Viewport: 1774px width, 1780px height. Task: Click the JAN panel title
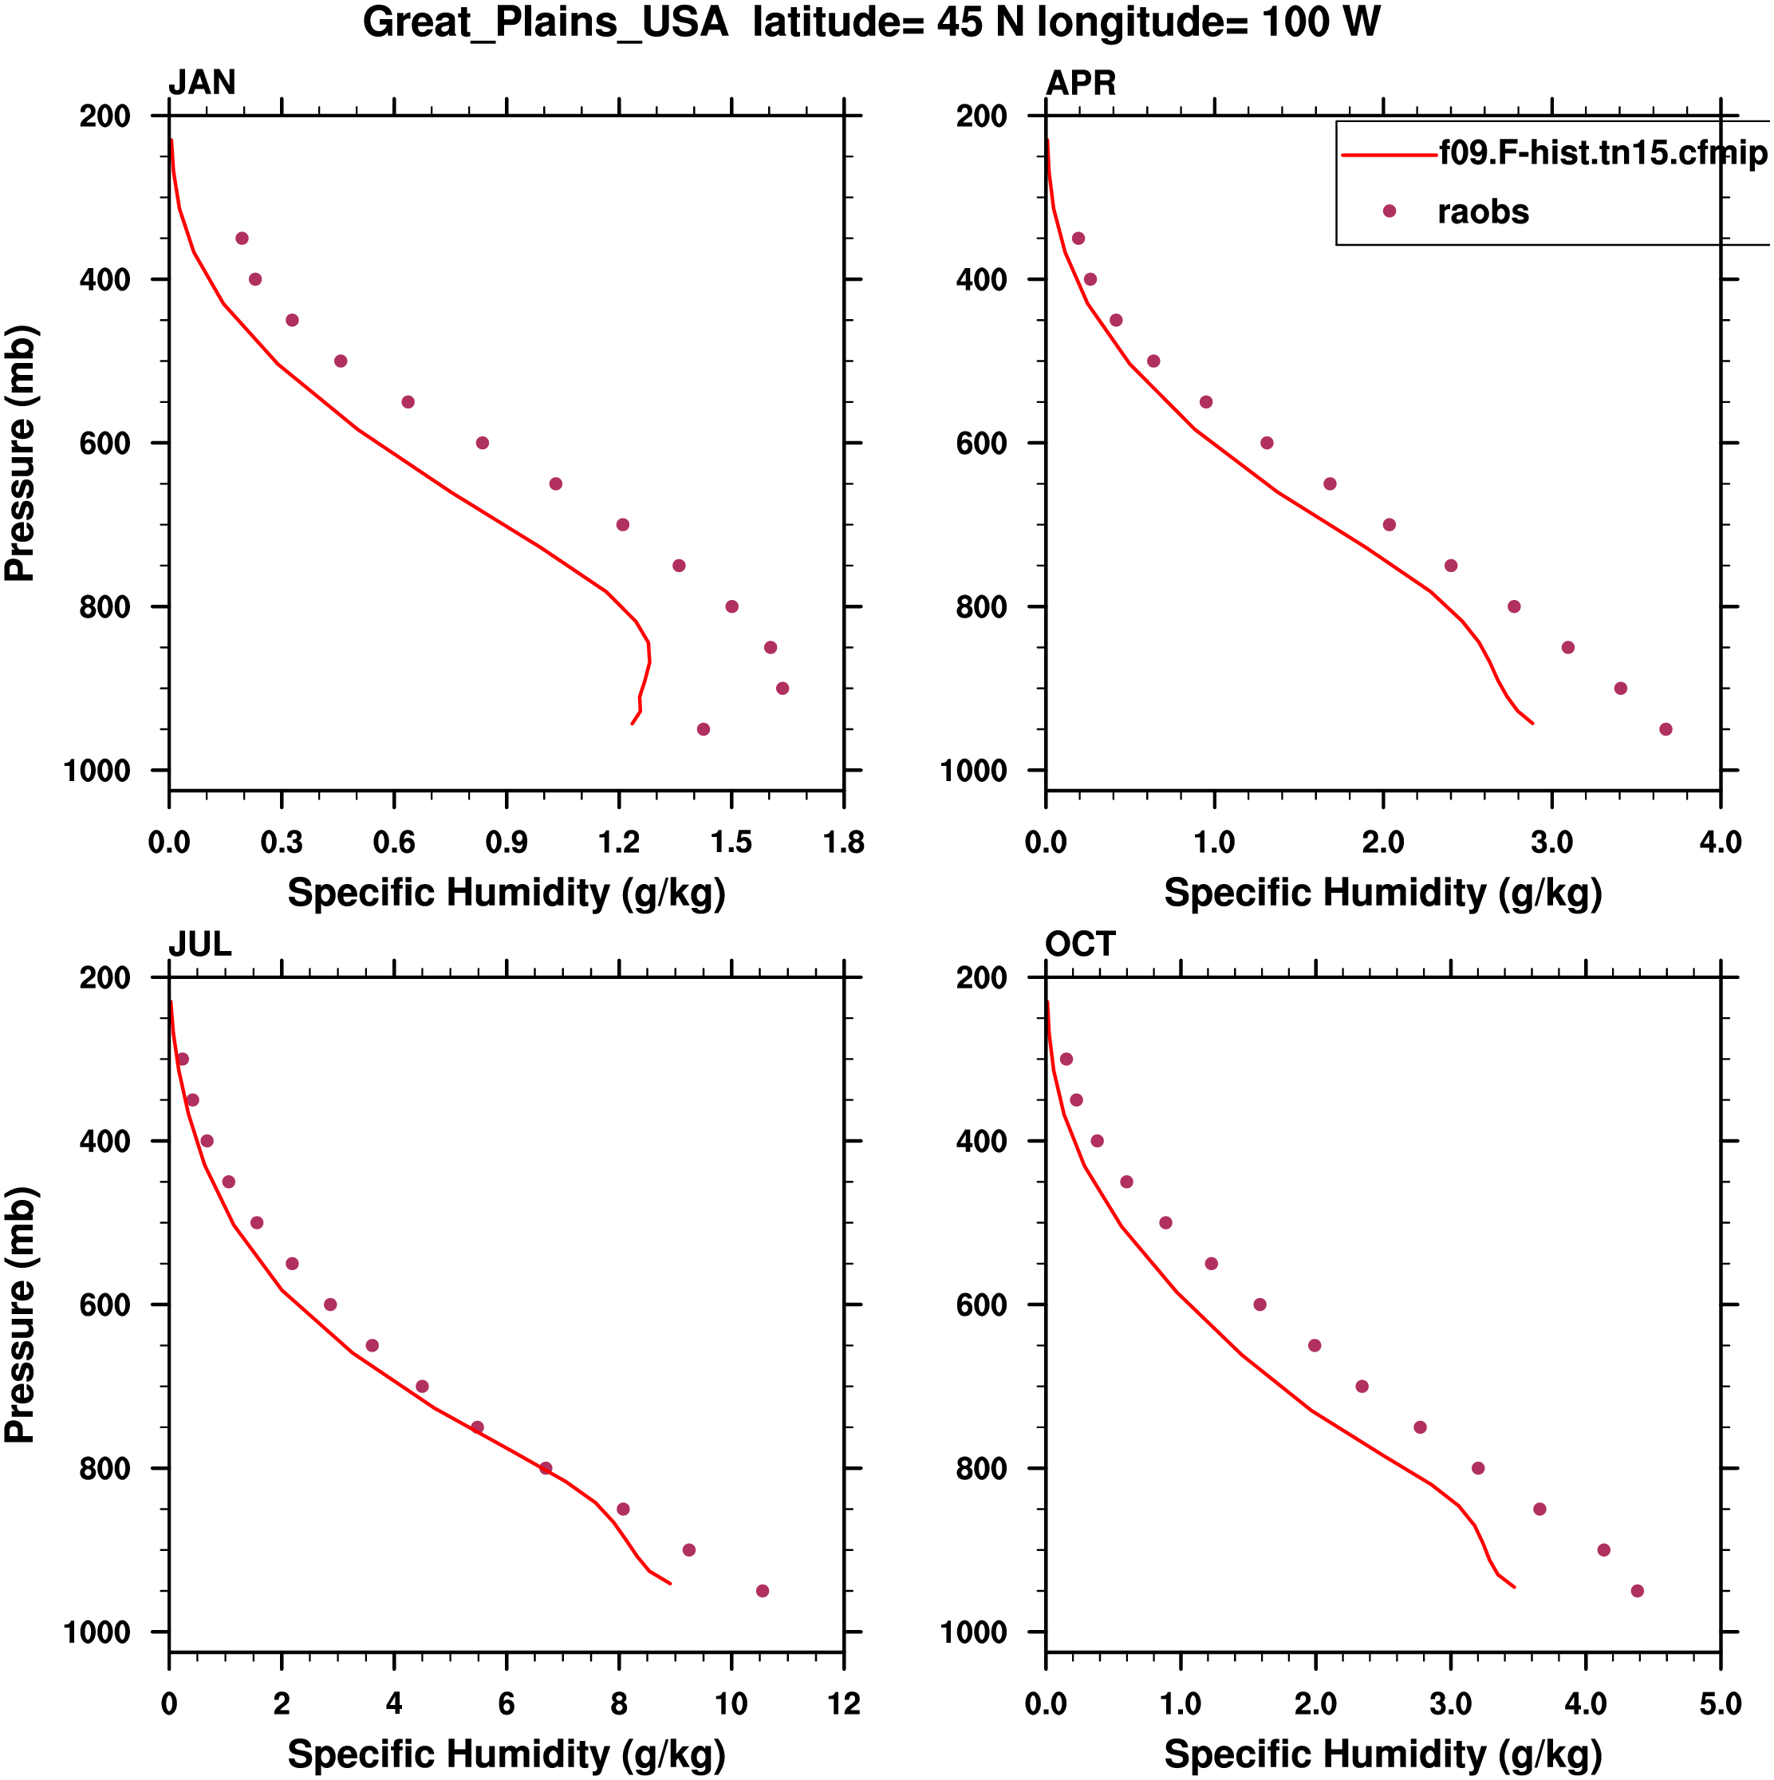pyautogui.click(x=202, y=83)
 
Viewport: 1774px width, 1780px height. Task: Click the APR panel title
pyautogui.click(x=1080, y=83)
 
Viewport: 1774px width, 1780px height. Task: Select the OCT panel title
pyautogui.click(x=1079, y=945)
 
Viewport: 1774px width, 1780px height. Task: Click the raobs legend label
pyautogui.click(x=1482, y=212)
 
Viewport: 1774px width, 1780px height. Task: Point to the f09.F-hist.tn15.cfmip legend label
pyautogui.click(x=1603, y=153)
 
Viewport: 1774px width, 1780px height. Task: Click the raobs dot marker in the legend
pyautogui.click(x=1389, y=211)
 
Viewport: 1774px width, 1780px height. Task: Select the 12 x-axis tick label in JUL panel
pyautogui.click(x=843, y=1704)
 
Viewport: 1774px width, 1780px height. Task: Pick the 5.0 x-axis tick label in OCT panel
pyautogui.click(x=1720, y=1704)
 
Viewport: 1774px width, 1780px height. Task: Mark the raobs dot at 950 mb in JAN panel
pyautogui.click(x=704, y=730)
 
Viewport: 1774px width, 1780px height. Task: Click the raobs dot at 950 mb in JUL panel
pyautogui.click(x=762, y=1591)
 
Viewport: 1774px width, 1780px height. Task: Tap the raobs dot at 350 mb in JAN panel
pyautogui.click(x=242, y=239)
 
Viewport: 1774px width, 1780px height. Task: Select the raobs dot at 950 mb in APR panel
pyautogui.click(x=1666, y=730)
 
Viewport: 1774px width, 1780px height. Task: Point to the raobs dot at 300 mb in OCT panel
pyautogui.click(x=1066, y=1060)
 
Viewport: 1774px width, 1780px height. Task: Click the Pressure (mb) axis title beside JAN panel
pyautogui.click(x=20, y=453)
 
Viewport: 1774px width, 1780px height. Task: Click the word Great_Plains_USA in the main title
pyautogui.click(x=546, y=22)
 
